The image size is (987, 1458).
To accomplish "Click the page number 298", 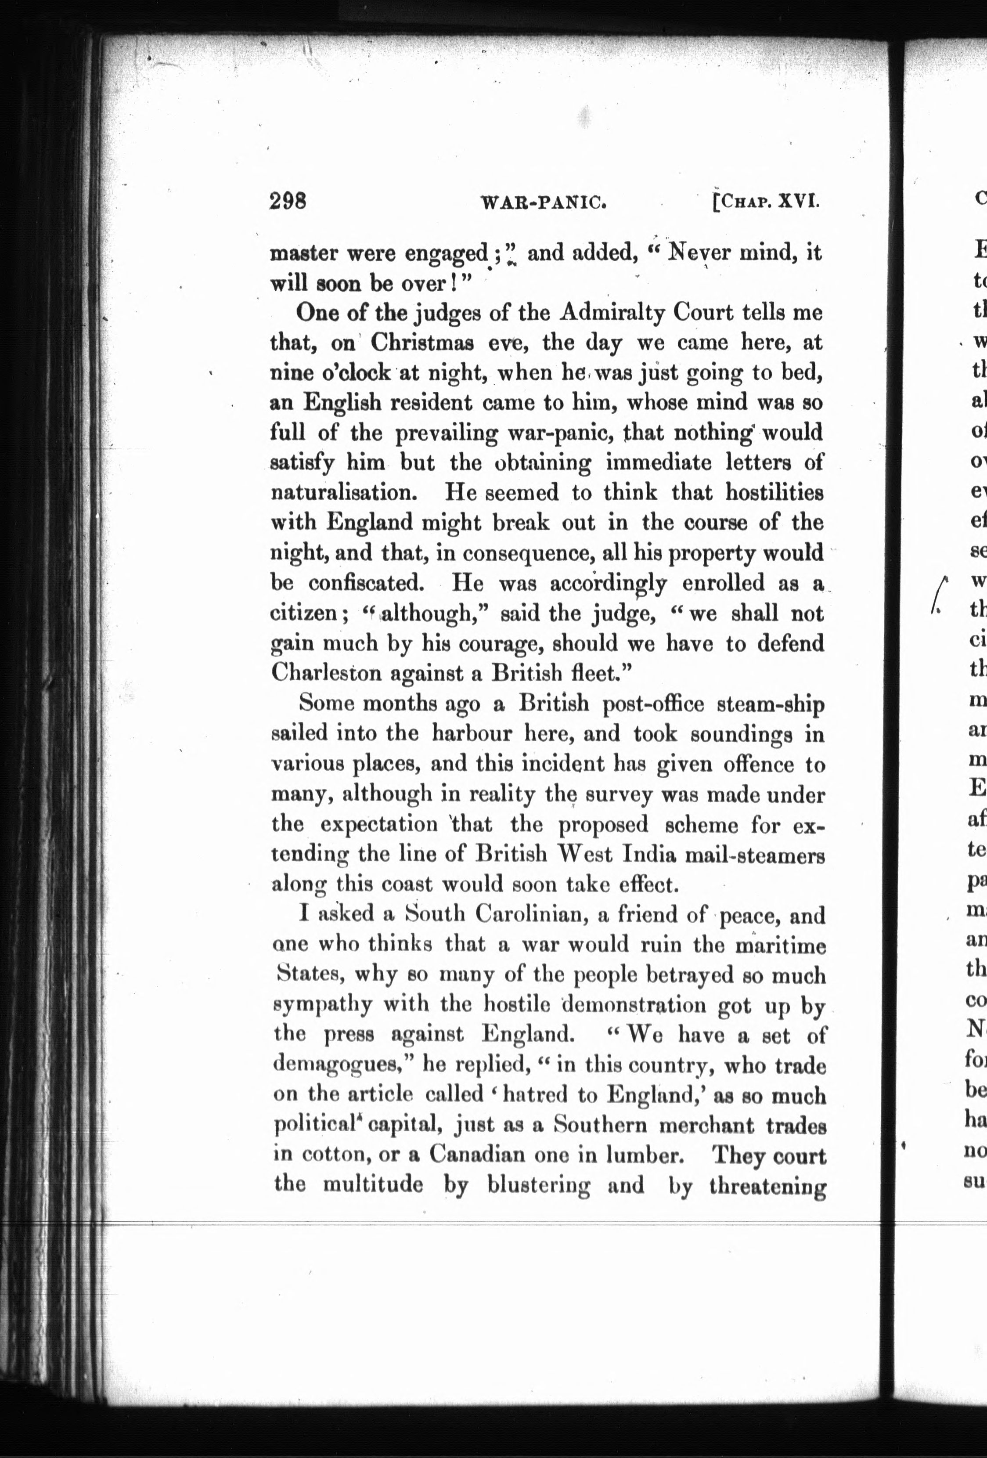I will point(288,202).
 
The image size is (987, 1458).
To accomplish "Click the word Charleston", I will point(327,673).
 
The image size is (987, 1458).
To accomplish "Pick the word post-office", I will point(652,704).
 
